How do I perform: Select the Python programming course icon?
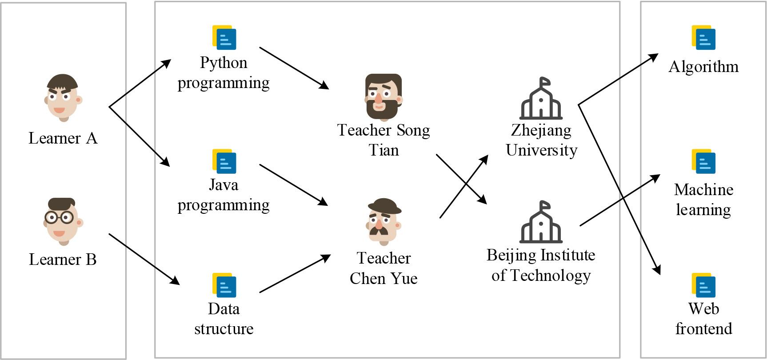pyautogui.click(x=224, y=37)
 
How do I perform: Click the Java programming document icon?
pyautogui.click(x=224, y=161)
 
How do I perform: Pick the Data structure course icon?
pyautogui.click(x=224, y=285)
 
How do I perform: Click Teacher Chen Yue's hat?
pyautogui.click(x=384, y=206)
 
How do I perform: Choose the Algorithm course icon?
pyautogui.click(x=703, y=37)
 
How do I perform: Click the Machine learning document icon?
pyautogui.click(x=703, y=161)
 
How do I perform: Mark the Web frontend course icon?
pyautogui.click(x=703, y=285)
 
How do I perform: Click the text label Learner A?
pyautogui.click(x=63, y=138)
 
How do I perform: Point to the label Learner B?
pyautogui.click(x=63, y=260)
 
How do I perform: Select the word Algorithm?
pyautogui.click(x=703, y=67)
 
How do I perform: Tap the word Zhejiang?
pyautogui.click(x=541, y=130)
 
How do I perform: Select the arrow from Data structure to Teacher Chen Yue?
pyautogui.click(x=295, y=274)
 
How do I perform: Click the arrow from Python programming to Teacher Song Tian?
pyautogui.click(x=294, y=68)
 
